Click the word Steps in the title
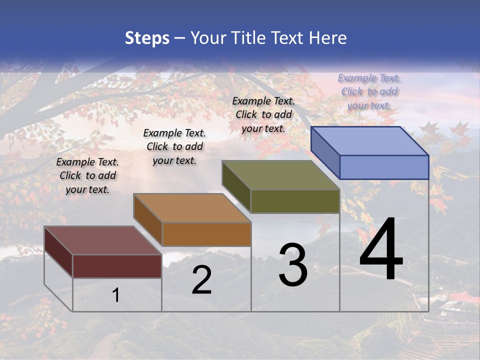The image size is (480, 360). (147, 38)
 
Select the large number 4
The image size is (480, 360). (381, 250)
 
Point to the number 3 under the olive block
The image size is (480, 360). (293, 265)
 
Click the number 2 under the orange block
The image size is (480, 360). (201, 280)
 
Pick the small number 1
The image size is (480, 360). (116, 295)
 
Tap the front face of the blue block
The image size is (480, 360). (384, 167)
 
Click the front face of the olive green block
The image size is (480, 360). (295, 201)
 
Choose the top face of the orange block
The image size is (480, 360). (192, 208)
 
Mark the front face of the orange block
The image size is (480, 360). (206, 234)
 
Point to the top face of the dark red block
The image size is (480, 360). (103, 240)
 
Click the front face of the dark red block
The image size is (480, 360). (117, 266)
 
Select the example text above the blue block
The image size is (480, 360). (369, 91)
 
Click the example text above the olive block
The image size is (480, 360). (263, 114)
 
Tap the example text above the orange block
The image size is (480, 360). (174, 146)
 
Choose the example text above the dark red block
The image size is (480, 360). (87, 175)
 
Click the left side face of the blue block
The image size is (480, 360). (325, 152)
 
